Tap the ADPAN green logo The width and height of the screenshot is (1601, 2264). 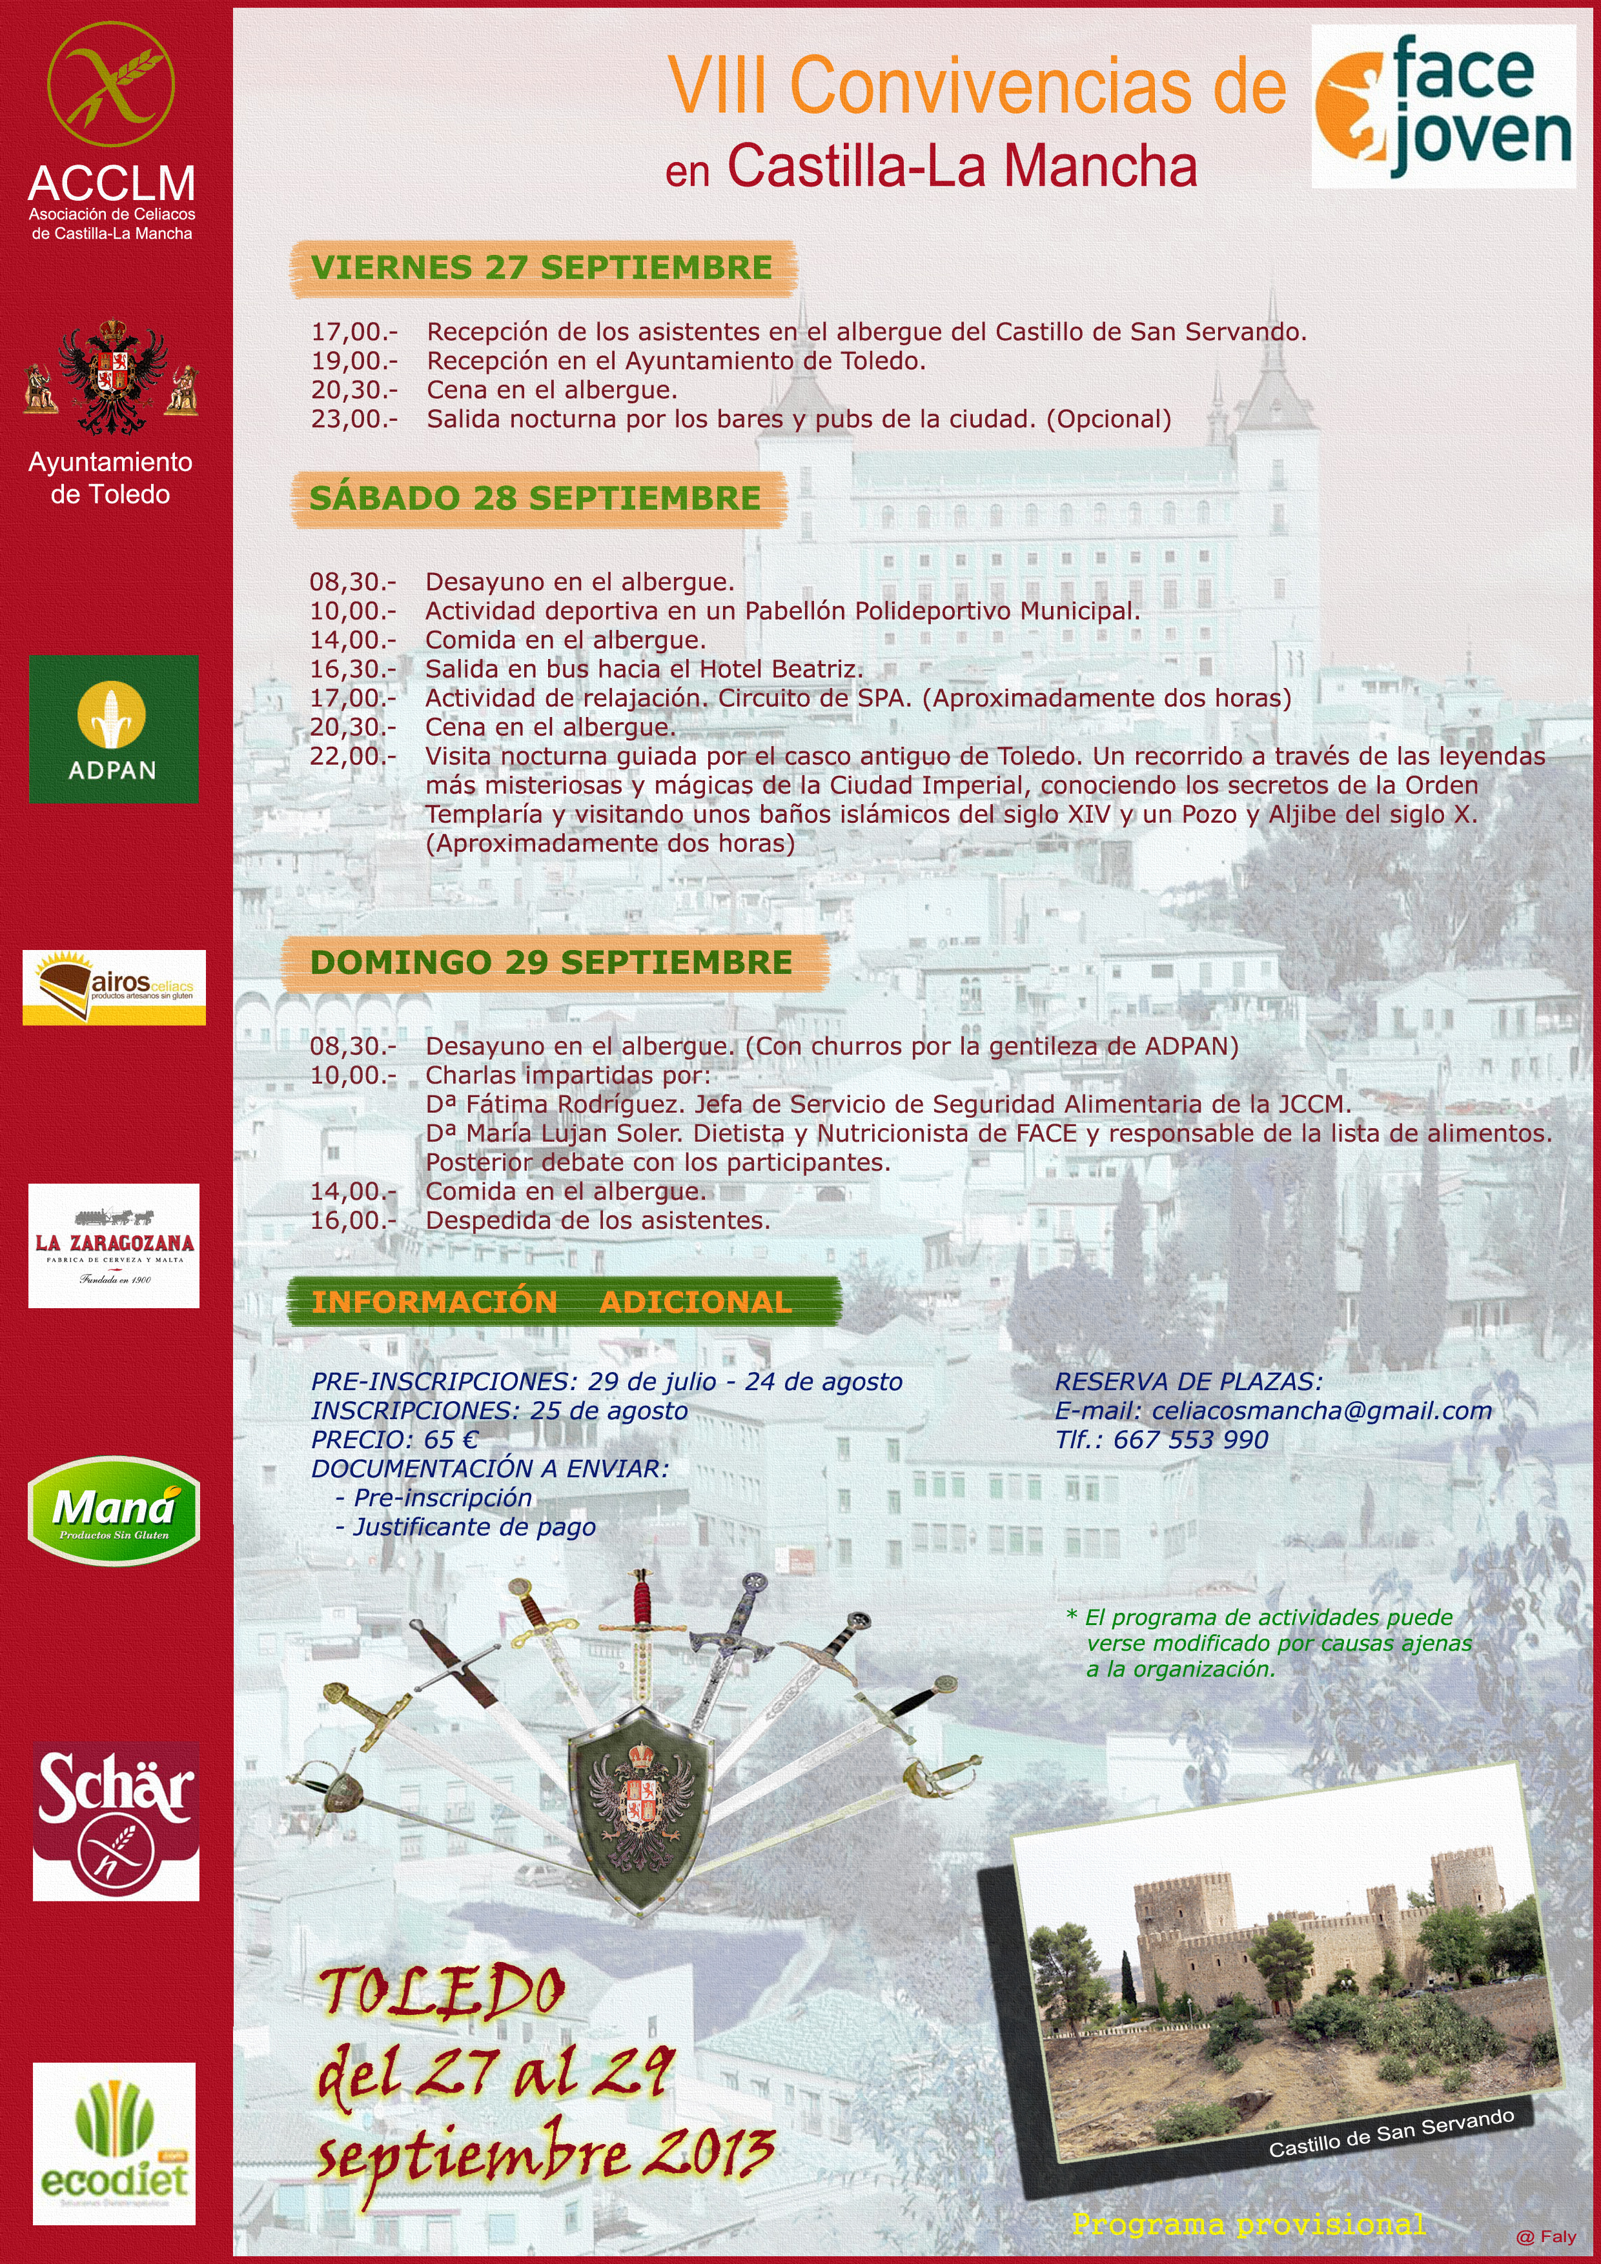pos(114,729)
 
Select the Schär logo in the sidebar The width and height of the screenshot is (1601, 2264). pos(116,1820)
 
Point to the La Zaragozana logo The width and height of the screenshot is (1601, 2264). pos(114,1246)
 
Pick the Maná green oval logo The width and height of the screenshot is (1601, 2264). pos(114,1511)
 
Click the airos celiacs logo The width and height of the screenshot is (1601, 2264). pos(114,986)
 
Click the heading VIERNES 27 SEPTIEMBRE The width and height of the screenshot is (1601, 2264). pos(542,267)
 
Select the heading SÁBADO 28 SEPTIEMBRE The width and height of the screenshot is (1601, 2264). pos(536,498)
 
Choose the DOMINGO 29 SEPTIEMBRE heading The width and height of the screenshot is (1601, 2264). pos(551,962)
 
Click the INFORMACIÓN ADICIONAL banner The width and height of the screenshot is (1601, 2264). pos(553,1302)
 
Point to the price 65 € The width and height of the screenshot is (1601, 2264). pos(451,1440)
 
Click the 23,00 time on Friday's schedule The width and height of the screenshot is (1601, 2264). pos(353,419)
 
